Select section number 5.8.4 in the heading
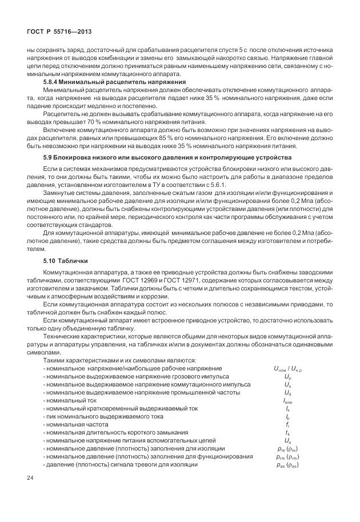(53, 82)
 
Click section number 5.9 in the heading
(47, 157)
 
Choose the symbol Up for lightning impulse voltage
(288, 377)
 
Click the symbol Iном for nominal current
(288, 401)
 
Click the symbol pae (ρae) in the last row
(288, 464)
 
